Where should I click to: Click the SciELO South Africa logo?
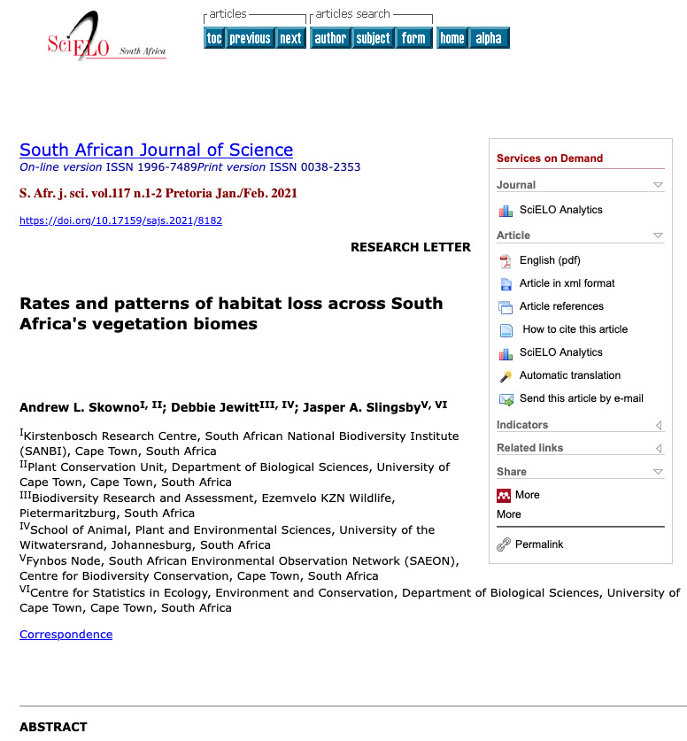[105, 38]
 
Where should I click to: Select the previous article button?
[250, 38]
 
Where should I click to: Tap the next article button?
[290, 38]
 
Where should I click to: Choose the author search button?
[330, 38]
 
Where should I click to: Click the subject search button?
[373, 38]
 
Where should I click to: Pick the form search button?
[413, 38]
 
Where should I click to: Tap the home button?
[452, 38]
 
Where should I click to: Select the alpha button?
[489, 38]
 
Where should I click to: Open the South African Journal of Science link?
[156, 150]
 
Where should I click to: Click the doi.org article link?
[120, 220]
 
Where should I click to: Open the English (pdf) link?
[550, 260]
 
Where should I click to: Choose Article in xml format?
[567, 283]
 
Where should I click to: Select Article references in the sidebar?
[561, 306]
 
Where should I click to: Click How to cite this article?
[575, 329]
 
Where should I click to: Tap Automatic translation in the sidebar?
[570, 375]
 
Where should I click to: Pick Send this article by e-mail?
[581, 398]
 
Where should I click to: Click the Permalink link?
[539, 544]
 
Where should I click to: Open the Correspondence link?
[66, 634]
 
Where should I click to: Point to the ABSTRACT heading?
[53, 727]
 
